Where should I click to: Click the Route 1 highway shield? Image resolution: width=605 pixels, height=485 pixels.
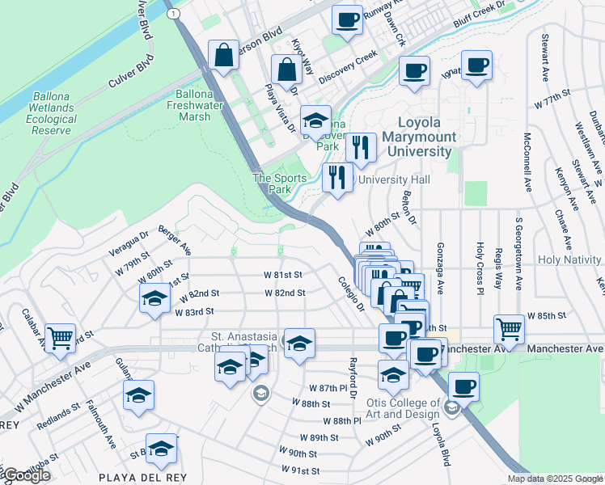click(171, 14)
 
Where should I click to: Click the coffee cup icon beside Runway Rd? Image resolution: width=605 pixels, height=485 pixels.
click(347, 20)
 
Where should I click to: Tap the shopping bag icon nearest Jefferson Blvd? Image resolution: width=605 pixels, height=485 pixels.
click(222, 56)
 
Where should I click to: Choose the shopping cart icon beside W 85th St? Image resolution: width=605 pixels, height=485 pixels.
click(508, 328)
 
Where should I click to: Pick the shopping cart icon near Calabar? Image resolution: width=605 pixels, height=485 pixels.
click(60, 338)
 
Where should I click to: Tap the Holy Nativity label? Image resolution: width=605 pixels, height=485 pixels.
click(570, 259)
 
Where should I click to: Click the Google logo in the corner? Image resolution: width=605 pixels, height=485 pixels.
click(26, 476)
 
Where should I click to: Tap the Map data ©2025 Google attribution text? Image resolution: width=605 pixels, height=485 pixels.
click(555, 479)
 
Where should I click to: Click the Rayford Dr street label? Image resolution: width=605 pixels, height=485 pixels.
click(353, 373)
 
